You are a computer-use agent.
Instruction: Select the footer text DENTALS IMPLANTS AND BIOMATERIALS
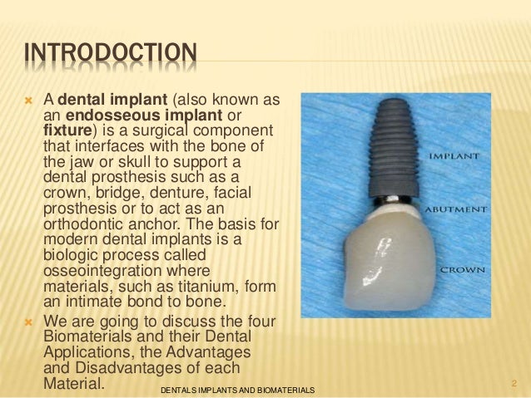[x=236, y=389]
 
